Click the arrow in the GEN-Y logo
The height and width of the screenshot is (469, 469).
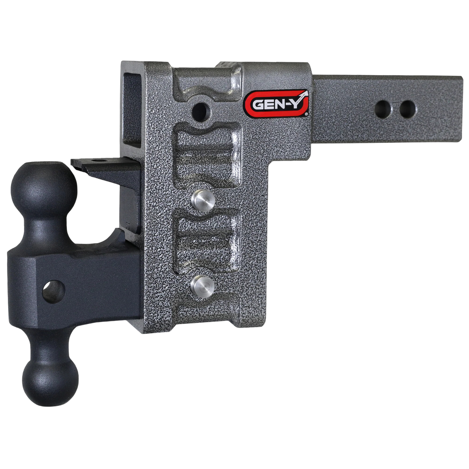(302, 95)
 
